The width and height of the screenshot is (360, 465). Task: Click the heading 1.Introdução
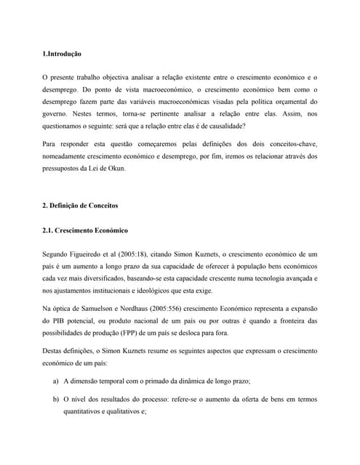(x=62, y=54)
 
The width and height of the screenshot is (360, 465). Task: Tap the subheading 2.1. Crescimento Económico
(x=85, y=230)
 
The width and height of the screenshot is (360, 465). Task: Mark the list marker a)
(x=56, y=381)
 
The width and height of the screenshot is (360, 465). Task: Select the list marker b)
(x=56, y=398)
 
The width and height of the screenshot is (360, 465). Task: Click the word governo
(x=57, y=113)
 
